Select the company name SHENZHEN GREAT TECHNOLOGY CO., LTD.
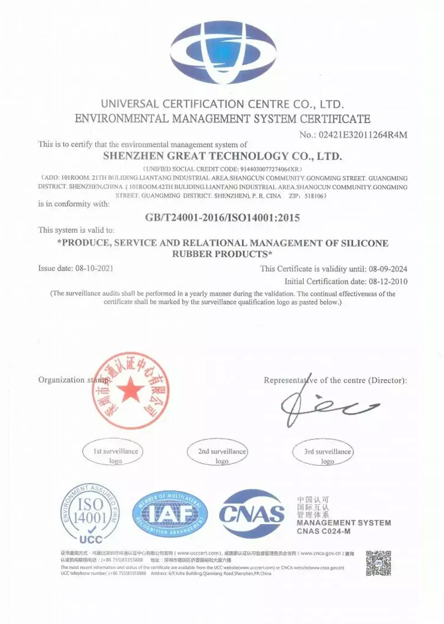pos(223,157)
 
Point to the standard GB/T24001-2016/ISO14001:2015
pos(222,216)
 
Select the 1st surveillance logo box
pos(116,455)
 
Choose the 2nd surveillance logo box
pos(222,455)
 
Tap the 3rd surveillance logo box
pos(328,455)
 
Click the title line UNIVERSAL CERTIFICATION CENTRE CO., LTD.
pos(222,105)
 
